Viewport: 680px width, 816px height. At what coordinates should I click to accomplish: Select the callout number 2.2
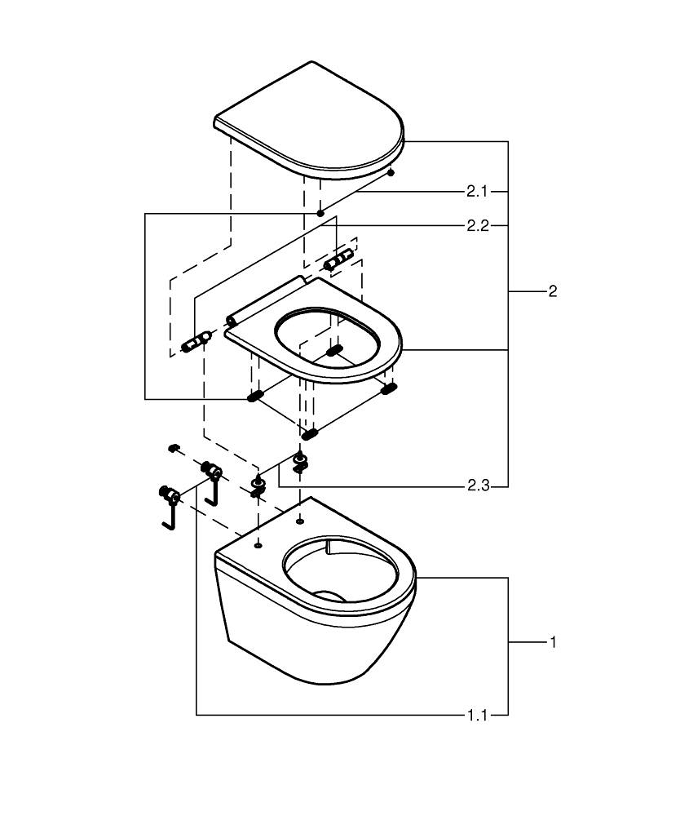478,226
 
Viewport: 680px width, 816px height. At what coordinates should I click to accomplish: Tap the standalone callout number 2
553,291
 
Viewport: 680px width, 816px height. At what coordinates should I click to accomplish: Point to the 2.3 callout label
478,486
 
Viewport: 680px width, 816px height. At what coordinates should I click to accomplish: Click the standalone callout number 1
553,643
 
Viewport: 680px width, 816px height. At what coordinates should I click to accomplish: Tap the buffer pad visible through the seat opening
334,351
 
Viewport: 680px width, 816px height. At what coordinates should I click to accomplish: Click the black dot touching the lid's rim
391,172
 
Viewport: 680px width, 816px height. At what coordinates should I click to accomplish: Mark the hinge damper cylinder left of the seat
196,341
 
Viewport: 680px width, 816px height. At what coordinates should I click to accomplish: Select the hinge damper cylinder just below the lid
338,259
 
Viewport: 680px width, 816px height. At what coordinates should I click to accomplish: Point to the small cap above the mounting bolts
173,447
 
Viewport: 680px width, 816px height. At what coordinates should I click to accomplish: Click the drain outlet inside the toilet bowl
333,596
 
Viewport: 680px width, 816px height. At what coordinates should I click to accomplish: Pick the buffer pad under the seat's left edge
255,397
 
